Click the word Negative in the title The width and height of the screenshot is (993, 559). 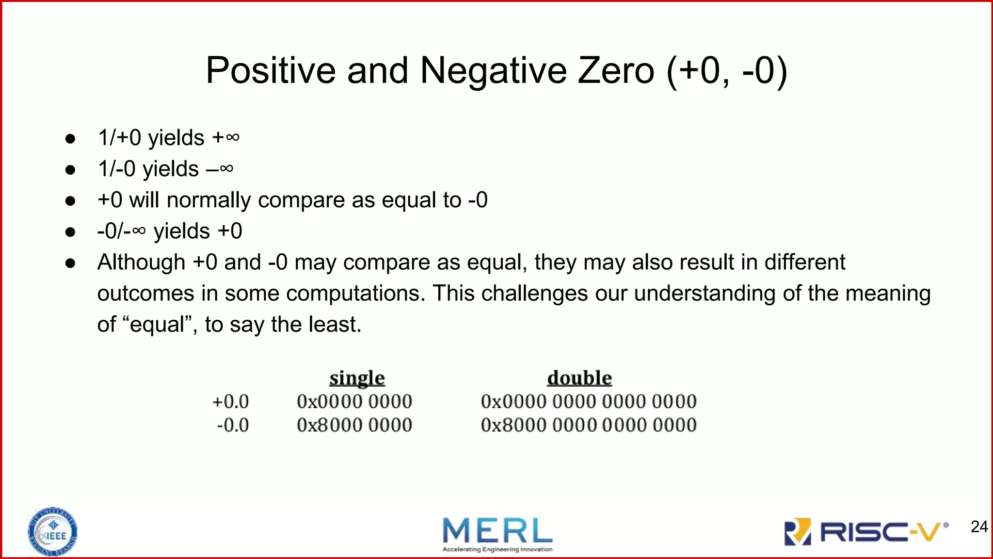coord(493,71)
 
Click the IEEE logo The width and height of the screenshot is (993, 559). coord(52,532)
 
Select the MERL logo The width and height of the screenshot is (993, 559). coord(497,534)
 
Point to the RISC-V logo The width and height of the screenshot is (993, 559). coord(866,532)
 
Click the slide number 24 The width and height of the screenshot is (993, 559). coord(979,526)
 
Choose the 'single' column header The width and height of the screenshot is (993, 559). coord(357,378)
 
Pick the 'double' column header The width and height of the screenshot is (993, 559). coord(579,378)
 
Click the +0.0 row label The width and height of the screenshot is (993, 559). coord(231,402)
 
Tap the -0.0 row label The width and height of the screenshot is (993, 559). coord(233,426)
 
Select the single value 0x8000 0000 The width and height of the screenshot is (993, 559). coord(354,426)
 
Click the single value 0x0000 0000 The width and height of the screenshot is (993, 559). coord(354,402)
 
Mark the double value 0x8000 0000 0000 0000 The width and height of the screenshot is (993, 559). coord(589,426)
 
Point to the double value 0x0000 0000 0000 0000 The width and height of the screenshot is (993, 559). coord(589,402)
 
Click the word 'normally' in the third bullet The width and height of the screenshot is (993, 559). coord(208,200)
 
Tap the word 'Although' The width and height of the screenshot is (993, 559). coord(141,263)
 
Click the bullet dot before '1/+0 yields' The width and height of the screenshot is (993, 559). coord(70,139)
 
